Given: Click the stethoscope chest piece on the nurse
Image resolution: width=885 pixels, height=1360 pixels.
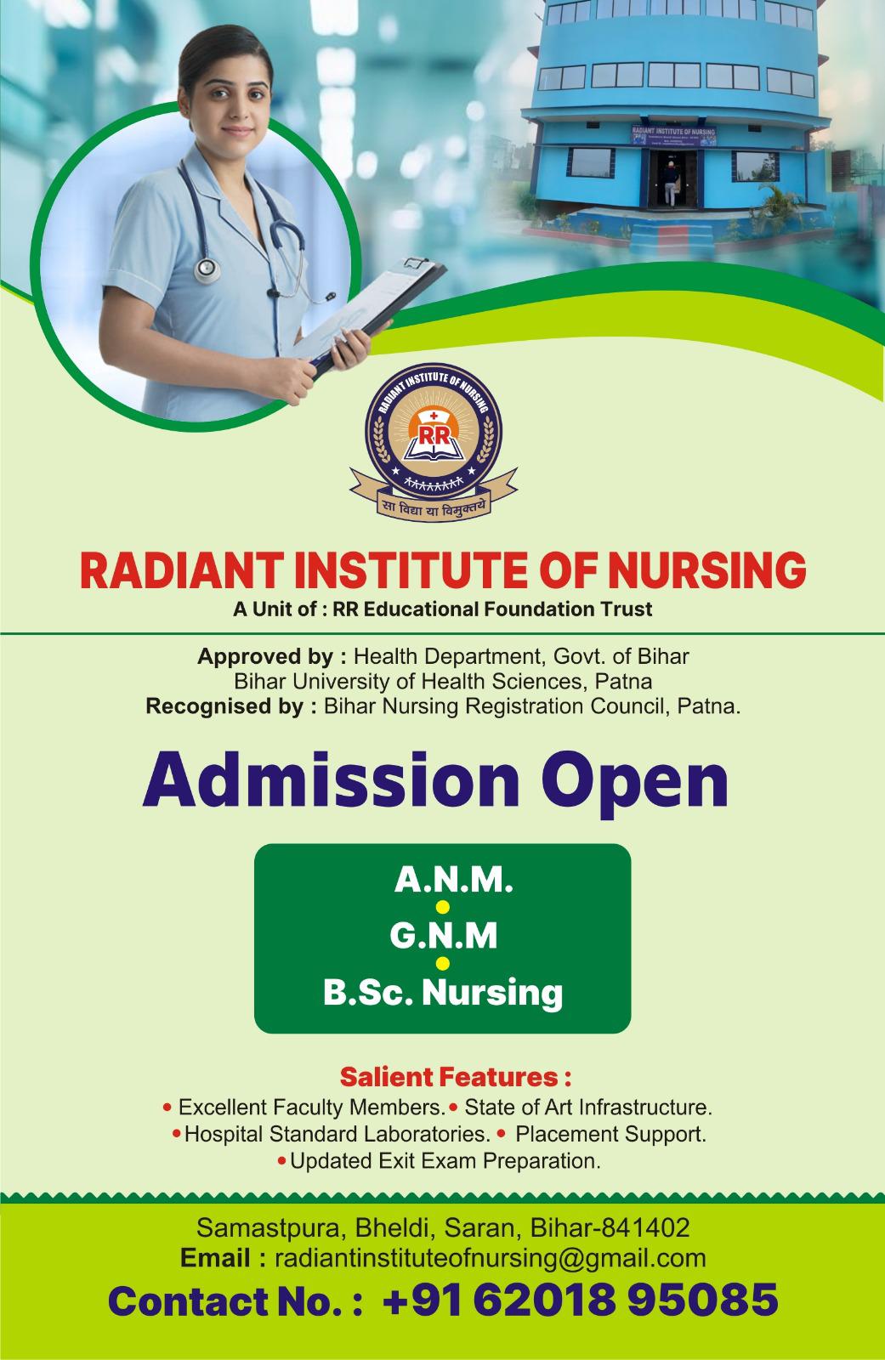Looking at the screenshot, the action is click(x=207, y=269).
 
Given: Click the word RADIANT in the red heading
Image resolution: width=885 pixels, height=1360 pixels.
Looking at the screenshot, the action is click(x=181, y=570).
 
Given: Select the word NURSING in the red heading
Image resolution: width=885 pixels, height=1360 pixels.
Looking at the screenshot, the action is click(x=707, y=570).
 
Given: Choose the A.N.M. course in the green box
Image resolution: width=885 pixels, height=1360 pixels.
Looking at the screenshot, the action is click(x=453, y=880).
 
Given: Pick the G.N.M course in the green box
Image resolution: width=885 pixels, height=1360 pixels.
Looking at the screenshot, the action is click(x=444, y=936).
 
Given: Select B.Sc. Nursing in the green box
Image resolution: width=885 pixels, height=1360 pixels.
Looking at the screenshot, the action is click(x=443, y=994).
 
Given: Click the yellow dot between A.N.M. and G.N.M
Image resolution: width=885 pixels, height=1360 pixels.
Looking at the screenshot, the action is click(x=443, y=907).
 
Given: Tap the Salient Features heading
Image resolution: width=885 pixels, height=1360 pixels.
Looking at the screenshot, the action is click(x=456, y=1077).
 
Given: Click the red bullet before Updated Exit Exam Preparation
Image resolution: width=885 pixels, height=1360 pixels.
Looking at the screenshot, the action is click(x=282, y=1161).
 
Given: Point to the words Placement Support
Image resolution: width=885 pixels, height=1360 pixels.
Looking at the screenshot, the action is click(x=611, y=1134).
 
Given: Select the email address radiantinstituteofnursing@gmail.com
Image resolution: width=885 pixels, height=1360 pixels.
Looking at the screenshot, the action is click(x=491, y=1258).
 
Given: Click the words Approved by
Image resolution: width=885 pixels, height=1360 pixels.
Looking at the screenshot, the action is click(x=272, y=657).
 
